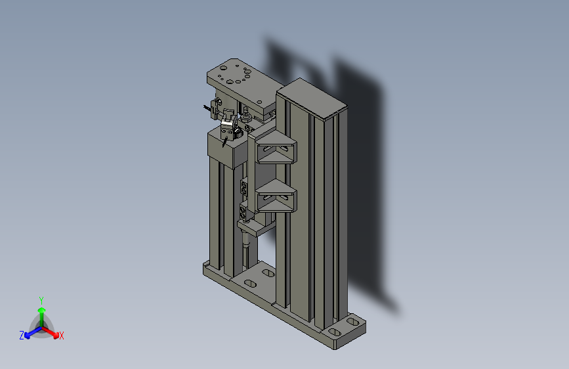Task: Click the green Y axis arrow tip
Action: pos(42,310)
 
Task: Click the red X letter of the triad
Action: pos(61,336)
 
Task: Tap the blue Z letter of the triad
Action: pos(22,336)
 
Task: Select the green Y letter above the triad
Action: pos(41,301)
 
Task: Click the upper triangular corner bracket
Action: pos(276,148)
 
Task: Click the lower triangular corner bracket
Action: pos(276,196)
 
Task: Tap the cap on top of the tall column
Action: pos(312,98)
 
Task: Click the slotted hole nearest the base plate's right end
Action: pos(352,322)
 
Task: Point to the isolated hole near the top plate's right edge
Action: pos(259,102)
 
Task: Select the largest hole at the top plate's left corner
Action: pos(224,68)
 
